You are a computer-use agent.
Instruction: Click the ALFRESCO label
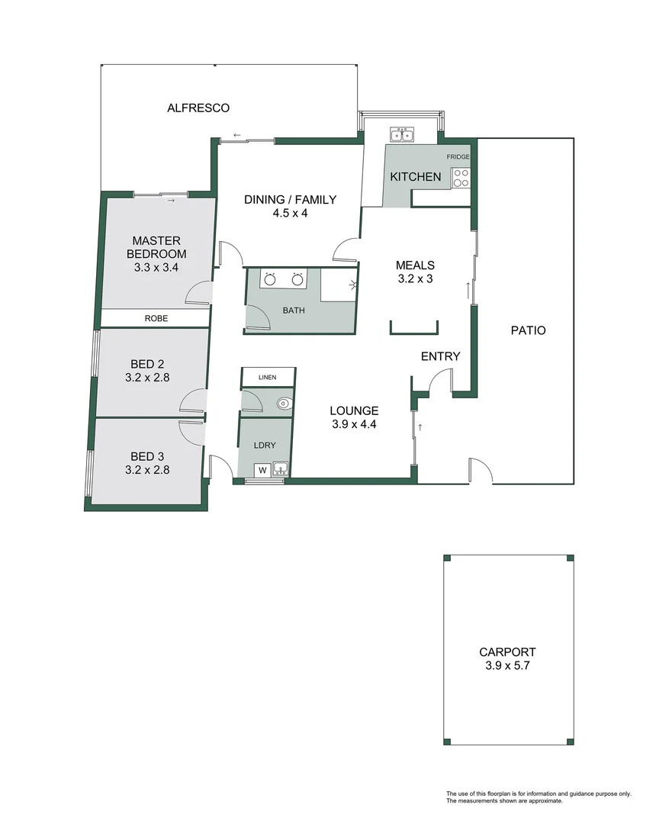click(198, 108)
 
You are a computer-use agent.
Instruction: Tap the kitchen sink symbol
click(401, 136)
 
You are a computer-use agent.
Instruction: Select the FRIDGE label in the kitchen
click(458, 157)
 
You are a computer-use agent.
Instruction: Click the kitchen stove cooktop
click(461, 178)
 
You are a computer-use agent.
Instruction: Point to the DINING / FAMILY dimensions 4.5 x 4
click(290, 214)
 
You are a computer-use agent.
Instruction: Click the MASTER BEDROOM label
click(157, 247)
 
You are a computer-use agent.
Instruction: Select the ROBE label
click(157, 318)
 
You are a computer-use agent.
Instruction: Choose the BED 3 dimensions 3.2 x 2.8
click(147, 470)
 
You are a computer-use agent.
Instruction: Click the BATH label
click(293, 311)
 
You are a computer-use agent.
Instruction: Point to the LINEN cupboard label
click(267, 378)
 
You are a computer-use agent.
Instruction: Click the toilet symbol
click(284, 404)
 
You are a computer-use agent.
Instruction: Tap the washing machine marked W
click(262, 469)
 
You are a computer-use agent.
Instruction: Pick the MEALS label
click(415, 266)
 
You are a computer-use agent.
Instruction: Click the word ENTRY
click(440, 356)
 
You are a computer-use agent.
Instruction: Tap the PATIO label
click(528, 331)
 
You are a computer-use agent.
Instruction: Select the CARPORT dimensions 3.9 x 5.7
click(507, 665)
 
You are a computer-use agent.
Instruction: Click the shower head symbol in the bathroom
click(351, 285)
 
